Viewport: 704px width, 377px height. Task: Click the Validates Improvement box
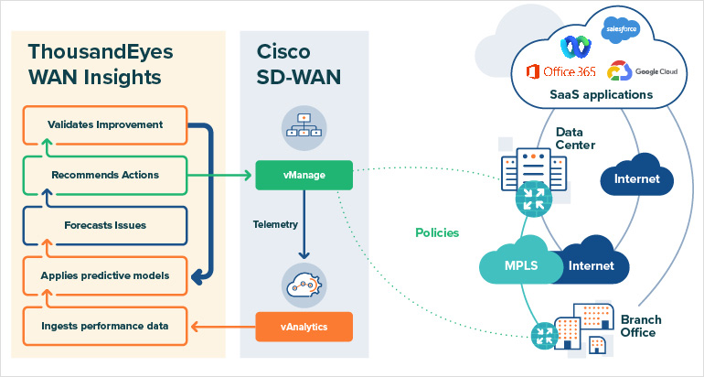tap(105, 124)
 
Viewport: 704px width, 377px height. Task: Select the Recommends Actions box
tap(105, 174)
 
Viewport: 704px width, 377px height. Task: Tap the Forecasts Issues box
tap(105, 224)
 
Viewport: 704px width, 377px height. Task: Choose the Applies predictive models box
tap(105, 274)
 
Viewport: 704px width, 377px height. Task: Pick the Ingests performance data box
tap(105, 323)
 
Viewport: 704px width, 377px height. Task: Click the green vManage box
tap(304, 175)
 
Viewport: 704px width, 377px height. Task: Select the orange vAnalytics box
tap(304, 324)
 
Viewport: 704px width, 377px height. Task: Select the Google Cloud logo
tap(643, 70)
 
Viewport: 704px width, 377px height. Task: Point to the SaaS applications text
tap(601, 94)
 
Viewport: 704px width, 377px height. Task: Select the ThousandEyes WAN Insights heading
tap(101, 62)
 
